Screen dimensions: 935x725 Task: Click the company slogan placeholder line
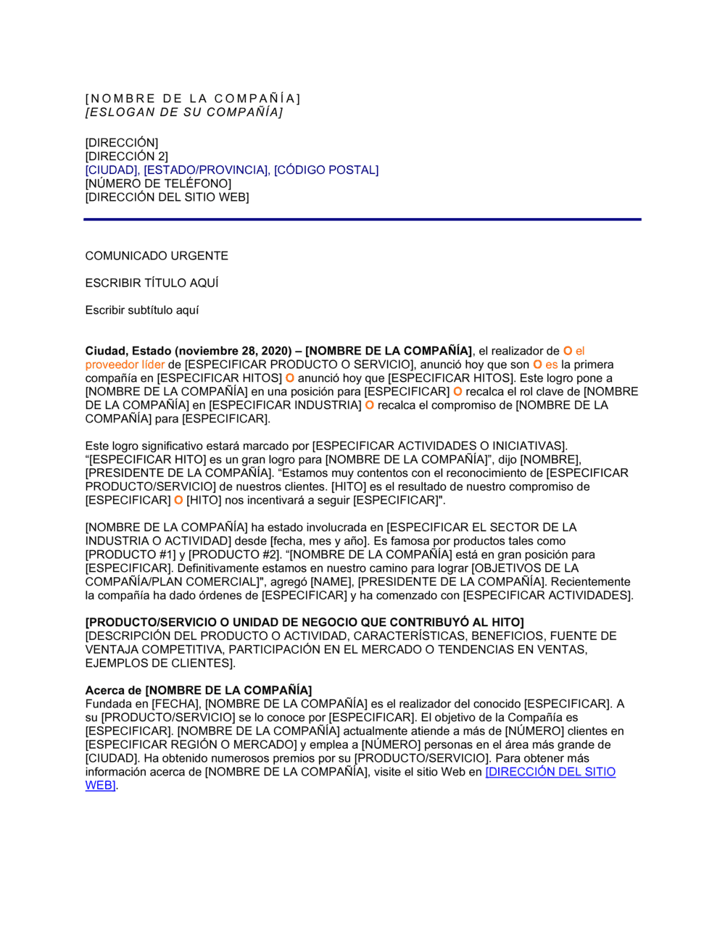[184, 112]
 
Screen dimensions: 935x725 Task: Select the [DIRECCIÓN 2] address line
[127, 157]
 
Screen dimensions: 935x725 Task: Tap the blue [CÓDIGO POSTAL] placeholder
[326, 170]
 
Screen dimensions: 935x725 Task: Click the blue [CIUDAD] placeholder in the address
[112, 170]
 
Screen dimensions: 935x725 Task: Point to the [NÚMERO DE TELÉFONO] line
[158, 184]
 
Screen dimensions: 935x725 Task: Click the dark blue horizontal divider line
[362, 219]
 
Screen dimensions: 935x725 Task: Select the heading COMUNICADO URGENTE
[157, 256]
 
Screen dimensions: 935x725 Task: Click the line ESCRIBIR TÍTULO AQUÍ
[152, 283]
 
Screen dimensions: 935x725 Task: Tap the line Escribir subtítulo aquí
[142, 310]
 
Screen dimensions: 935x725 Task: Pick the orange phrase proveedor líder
[125, 365]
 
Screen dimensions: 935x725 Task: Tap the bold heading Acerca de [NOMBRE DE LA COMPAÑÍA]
[199, 691]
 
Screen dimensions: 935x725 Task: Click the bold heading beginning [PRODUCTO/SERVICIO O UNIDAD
[304, 623]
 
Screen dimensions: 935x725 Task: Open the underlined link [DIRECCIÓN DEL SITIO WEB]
[550, 773]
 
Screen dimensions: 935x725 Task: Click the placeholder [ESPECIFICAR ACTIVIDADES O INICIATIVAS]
[439, 446]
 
